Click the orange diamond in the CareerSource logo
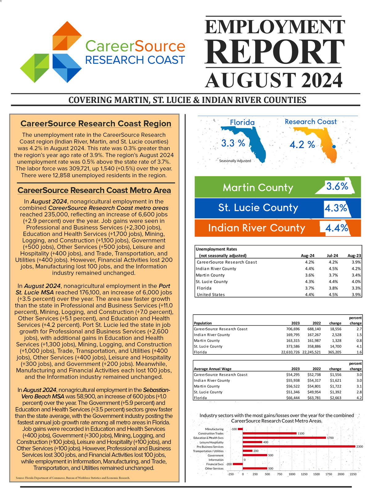[67, 36]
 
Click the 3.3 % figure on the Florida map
[233, 143]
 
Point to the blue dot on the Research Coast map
[334, 147]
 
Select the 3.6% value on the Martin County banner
[337, 186]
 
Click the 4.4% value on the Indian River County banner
[337, 228]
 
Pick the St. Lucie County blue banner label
[258, 208]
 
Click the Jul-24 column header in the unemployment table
[332, 256]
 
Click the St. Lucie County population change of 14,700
[335, 346]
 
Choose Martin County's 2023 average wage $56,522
[293, 386]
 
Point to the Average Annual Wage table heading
[212, 369]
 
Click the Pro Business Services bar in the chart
[299, 446]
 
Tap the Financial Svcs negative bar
[238, 464]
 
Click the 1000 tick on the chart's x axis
[292, 474]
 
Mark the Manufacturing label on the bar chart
[214, 429]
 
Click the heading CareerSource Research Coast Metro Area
[94, 190]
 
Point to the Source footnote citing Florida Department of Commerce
[73, 478]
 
